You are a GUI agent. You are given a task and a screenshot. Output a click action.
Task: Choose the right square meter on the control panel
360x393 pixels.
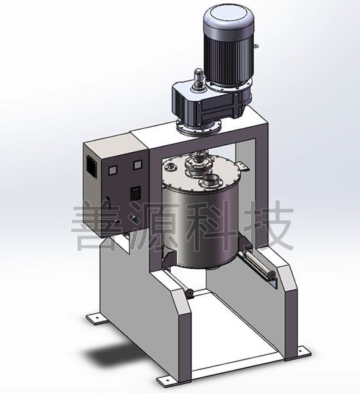[x=137, y=164]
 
